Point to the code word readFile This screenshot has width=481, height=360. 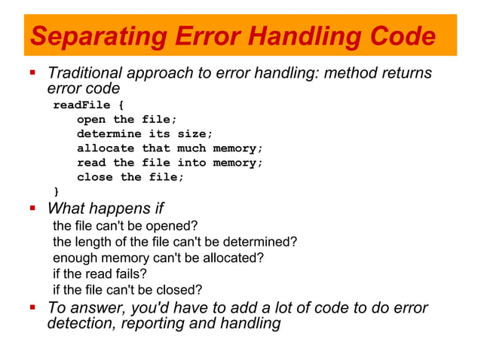[81, 105]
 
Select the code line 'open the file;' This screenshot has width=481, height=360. [127, 120]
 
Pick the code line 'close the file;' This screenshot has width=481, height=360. [130, 177]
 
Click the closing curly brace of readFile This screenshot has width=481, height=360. [56, 191]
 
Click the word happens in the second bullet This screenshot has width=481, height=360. [121, 209]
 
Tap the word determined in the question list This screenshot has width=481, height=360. [260, 242]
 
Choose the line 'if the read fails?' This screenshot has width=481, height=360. [100, 274]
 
